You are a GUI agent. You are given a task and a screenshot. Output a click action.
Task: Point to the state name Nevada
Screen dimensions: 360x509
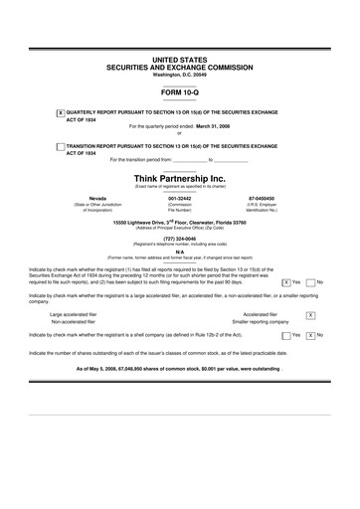[97, 199]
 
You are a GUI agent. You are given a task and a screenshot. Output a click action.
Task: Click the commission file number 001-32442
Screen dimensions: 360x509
[179, 199]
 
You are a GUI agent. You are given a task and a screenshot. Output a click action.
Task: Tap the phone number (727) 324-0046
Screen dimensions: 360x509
[179, 239]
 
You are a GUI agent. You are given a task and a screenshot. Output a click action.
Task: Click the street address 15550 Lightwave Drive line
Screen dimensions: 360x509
[179, 222]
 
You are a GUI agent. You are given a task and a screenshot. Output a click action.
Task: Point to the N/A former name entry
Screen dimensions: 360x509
[179, 252]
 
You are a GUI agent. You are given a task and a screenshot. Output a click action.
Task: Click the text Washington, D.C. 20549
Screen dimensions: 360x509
[179, 75]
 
